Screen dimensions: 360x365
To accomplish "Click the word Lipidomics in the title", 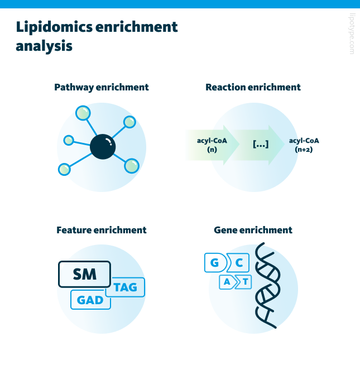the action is [x=54, y=27].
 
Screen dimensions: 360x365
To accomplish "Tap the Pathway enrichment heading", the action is [x=101, y=88].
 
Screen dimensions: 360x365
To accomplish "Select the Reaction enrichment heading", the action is [x=253, y=87].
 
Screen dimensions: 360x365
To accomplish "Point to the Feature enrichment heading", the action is [x=102, y=230].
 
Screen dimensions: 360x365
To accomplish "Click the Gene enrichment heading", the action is [x=253, y=230].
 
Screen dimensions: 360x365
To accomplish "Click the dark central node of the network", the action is [x=103, y=147].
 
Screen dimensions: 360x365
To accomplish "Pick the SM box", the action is [x=84, y=274].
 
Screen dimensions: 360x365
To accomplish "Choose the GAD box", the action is [x=90, y=300].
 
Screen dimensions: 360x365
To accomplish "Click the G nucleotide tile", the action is [x=215, y=263].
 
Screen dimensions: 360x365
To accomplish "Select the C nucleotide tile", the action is [x=238, y=263].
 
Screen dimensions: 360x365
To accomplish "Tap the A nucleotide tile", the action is [x=227, y=282].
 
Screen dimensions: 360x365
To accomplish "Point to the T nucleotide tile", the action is [x=244, y=282].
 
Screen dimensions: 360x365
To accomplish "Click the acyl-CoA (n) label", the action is [x=212, y=145].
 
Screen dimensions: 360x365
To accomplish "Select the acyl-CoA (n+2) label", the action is [x=304, y=145].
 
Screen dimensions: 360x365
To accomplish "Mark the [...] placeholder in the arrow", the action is [x=261, y=145].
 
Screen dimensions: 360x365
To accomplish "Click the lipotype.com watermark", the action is [x=352, y=33].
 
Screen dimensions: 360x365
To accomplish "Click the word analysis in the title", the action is [x=44, y=46].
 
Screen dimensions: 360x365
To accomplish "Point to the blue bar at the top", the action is [x=180, y=4].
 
